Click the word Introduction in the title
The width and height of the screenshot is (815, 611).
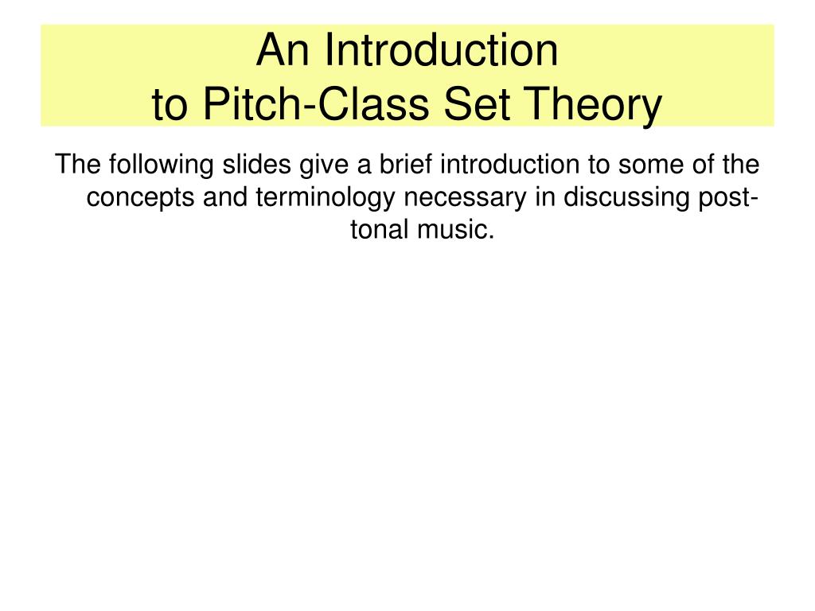tap(443, 51)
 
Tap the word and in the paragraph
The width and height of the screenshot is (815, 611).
tap(228, 197)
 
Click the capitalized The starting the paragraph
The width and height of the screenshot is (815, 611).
tap(78, 165)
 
